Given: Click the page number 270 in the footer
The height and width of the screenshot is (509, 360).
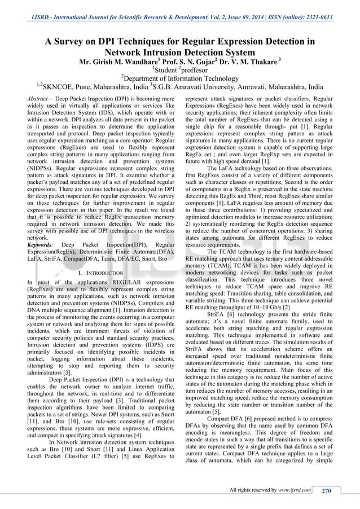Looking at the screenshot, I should (x=326, y=490).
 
